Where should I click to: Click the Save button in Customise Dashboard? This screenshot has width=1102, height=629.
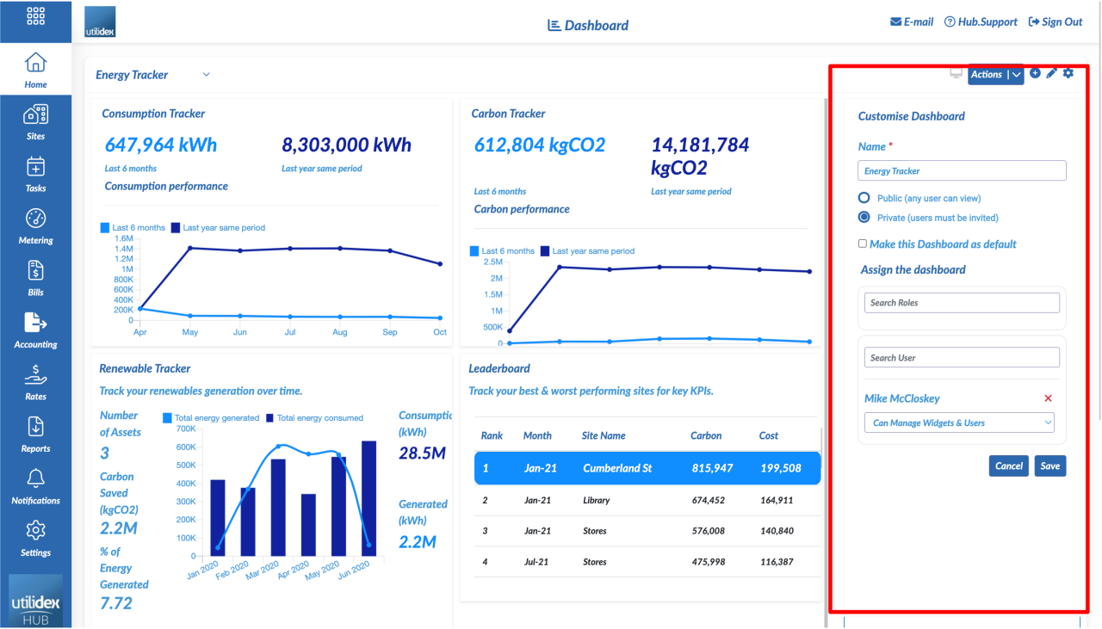point(1049,466)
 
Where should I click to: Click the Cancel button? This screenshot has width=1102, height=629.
point(1008,466)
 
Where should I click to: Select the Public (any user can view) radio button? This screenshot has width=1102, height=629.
point(864,198)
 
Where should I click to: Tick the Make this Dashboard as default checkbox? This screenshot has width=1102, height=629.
point(863,244)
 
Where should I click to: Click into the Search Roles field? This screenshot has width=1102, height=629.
point(962,303)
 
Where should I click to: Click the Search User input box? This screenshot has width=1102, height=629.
point(962,357)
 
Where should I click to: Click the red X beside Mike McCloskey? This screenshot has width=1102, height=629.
point(1048,398)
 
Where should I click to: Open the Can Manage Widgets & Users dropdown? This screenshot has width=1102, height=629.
point(959,422)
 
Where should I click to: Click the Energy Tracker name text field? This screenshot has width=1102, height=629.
point(962,170)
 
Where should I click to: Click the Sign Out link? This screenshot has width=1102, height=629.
point(1056,22)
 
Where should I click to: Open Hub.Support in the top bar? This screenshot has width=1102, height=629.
point(981,22)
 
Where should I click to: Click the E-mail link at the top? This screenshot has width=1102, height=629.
point(911,22)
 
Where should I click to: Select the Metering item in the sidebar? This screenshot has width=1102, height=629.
point(35,225)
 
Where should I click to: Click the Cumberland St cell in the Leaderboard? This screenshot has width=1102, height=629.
point(617,468)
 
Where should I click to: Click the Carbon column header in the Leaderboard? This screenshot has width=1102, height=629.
point(705,435)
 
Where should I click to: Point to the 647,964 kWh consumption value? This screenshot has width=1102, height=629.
point(161,145)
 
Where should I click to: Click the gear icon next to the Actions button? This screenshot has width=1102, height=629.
point(1068,74)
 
